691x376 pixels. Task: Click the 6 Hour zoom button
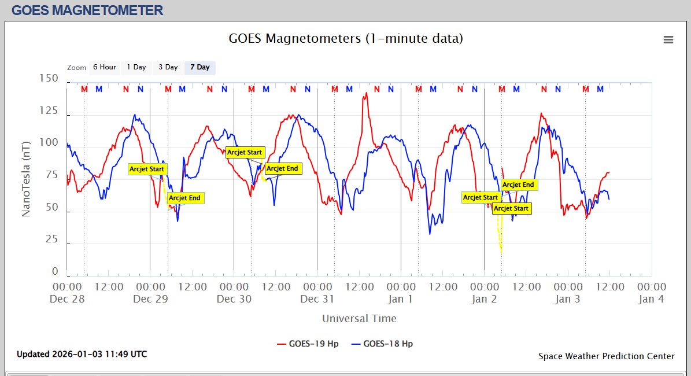tap(105, 67)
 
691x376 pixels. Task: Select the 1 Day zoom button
tap(136, 67)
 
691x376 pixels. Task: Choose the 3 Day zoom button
tap(168, 67)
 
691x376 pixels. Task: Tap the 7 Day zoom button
tap(200, 67)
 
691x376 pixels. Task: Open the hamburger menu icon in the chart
tap(668, 39)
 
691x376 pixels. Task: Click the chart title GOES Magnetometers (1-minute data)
tap(346, 39)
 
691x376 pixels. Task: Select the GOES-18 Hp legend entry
tap(387, 344)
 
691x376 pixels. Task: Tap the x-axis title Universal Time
tap(359, 318)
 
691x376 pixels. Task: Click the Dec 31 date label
tap(317, 299)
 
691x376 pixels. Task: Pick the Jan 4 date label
tap(652, 299)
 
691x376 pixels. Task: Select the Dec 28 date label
tap(67, 299)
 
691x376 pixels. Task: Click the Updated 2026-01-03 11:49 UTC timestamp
tap(82, 354)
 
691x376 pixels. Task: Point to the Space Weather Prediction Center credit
tap(606, 356)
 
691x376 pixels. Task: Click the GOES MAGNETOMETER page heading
tap(87, 10)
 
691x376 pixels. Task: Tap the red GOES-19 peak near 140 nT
tap(365, 94)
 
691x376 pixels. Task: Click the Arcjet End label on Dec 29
tap(185, 198)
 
